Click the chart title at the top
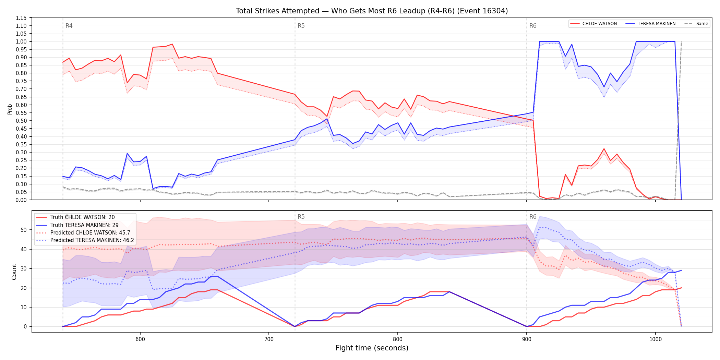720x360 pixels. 372,11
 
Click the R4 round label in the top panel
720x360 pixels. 69,26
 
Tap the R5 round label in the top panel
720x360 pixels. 301,26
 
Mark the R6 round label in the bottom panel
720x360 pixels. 533,217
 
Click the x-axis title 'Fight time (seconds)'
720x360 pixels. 372,348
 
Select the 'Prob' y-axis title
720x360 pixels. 10,109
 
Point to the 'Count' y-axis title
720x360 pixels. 14,272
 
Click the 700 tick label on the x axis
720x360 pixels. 269,339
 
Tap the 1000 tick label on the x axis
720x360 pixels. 656,339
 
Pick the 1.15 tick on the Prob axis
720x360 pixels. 21,18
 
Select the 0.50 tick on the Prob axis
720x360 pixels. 21,121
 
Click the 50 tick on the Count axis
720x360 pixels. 24,230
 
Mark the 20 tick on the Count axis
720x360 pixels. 24,288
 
